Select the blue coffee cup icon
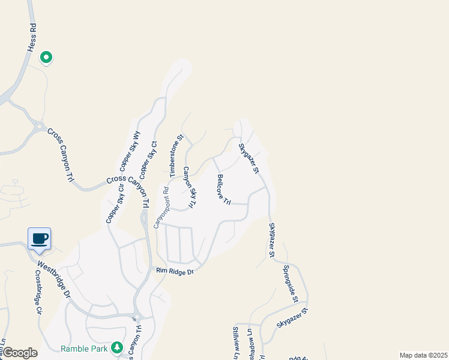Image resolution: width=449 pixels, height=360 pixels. pyautogui.click(x=40, y=239)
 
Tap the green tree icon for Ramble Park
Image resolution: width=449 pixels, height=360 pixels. pyautogui.click(x=118, y=347)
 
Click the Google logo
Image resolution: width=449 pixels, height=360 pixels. pyautogui.click(x=20, y=353)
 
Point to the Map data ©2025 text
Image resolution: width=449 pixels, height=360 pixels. pyautogui.click(x=423, y=355)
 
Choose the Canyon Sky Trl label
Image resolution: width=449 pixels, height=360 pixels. pyautogui.click(x=190, y=188)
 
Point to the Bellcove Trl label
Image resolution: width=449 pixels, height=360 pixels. pyautogui.click(x=224, y=190)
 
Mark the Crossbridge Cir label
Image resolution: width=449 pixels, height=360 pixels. pyautogui.click(x=38, y=292)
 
